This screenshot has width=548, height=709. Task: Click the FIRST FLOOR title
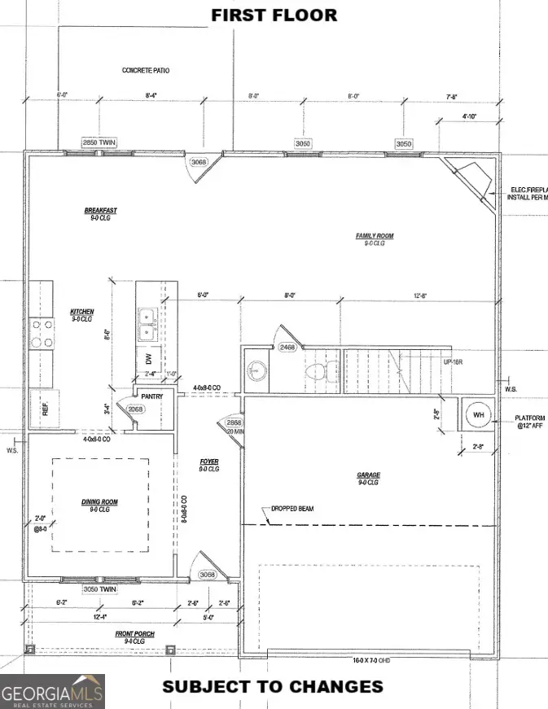274,15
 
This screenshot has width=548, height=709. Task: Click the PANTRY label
152,396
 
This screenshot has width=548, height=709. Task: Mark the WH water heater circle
478,416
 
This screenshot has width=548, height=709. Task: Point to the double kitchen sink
148,324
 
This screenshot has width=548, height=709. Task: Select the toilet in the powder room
314,374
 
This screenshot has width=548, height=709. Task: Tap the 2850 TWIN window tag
99,143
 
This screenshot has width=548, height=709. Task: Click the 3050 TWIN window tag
99,589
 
